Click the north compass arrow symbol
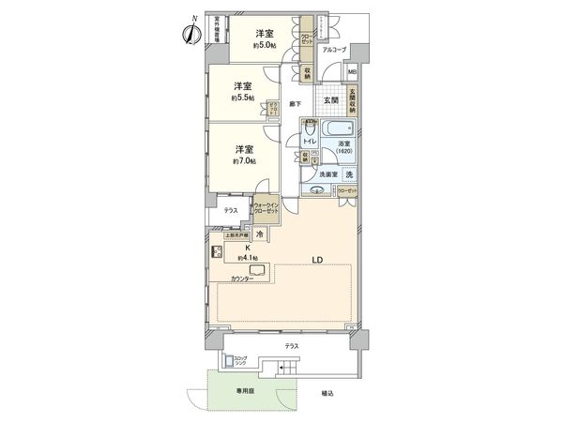pos(190,31)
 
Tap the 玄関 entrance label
pos(331,99)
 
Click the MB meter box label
pos(352,71)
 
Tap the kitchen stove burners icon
pos(215,251)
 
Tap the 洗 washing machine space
pos(347,175)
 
